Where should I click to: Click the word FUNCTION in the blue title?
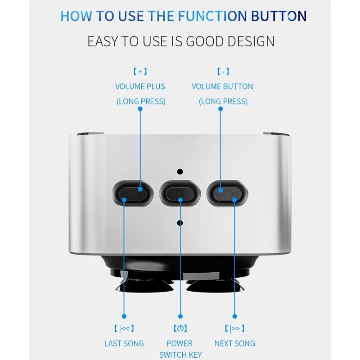(x=210, y=16)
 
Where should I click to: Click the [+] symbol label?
(x=140, y=72)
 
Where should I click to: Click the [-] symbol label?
(x=222, y=72)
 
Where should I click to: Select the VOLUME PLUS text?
(x=140, y=86)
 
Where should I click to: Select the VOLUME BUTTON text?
(x=222, y=86)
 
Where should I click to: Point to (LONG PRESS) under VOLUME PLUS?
(x=141, y=101)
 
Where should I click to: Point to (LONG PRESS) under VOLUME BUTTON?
(x=223, y=101)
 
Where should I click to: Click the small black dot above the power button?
(x=180, y=171)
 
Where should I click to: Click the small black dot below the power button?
(x=180, y=223)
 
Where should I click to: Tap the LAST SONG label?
(x=124, y=343)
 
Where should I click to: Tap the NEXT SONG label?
(x=234, y=343)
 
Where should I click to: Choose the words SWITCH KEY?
(x=180, y=355)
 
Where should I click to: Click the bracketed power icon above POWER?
(x=180, y=328)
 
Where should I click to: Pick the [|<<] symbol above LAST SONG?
(x=124, y=328)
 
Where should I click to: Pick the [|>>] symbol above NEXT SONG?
(x=234, y=328)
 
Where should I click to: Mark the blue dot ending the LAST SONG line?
(x=124, y=317)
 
